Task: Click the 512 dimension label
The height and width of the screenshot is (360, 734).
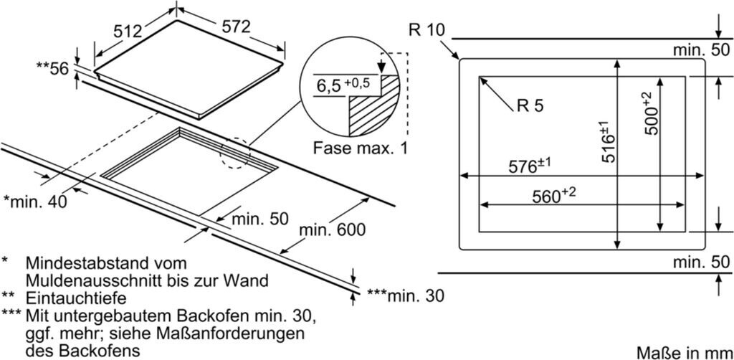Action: [x=128, y=32]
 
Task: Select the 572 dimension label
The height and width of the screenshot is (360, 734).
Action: [x=236, y=27]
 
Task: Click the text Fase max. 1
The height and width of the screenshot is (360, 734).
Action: [x=360, y=149]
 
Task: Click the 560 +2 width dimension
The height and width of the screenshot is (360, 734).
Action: [x=554, y=196]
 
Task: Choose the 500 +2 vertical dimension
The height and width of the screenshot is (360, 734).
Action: [x=651, y=113]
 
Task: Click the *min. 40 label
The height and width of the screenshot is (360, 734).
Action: [x=35, y=202]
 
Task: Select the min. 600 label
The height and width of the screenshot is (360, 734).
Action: [x=333, y=230]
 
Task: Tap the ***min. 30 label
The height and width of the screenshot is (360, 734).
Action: [x=405, y=295]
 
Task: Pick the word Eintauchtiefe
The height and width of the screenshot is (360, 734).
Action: [x=76, y=298]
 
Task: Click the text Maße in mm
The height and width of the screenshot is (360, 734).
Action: [x=683, y=351]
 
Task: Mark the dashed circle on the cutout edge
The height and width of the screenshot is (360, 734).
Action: [x=235, y=152]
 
